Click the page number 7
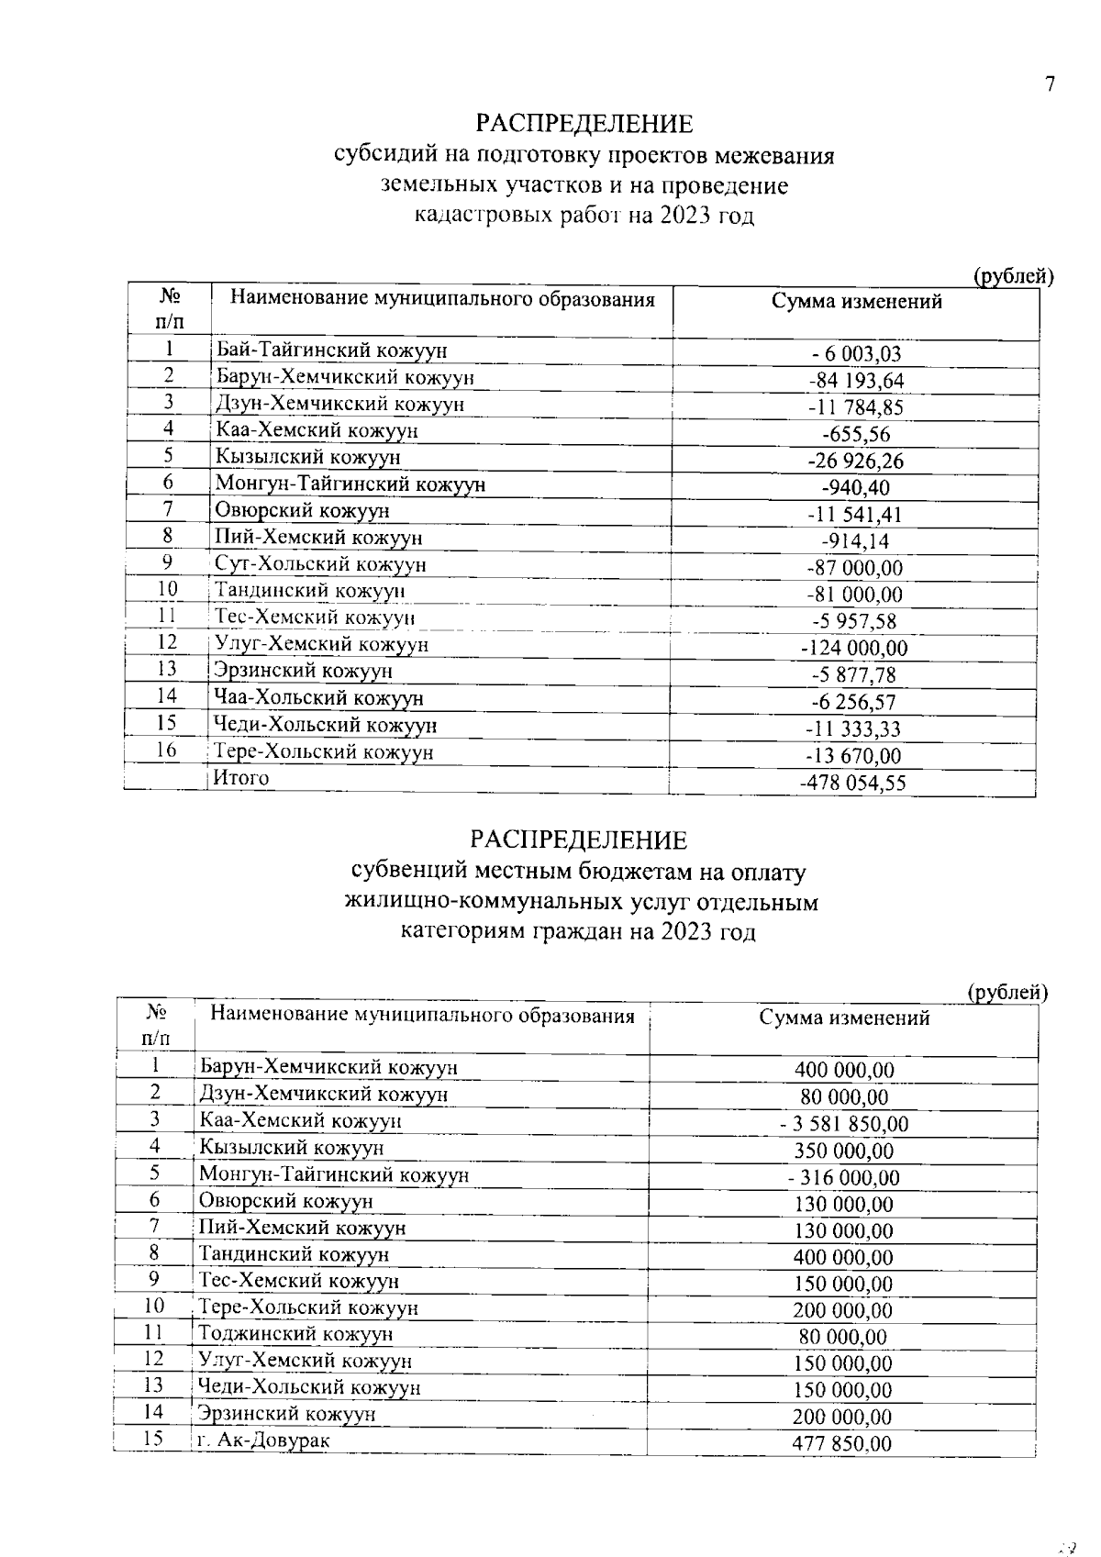[x=1050, y=84]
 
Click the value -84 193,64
[x=855, y=381]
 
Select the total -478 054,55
[x=853, y=784]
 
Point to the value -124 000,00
[x=854, y=649]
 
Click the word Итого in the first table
[x=241, y=778]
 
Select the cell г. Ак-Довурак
[x=263, y=1440]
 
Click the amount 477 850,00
[x=841, y=1444]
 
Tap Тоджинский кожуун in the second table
[x=295, y=1333]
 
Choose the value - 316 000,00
[x=843, y=1178]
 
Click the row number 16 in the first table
[x=166, y=751]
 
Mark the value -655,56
[x=855, y=435]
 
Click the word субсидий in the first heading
[x=378, y=155]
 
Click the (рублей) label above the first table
[x=1012, y=275]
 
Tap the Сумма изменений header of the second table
[x=844, y=1018]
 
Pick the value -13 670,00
[x=853, y=756]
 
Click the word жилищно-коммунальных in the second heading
[x=471, y=902]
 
